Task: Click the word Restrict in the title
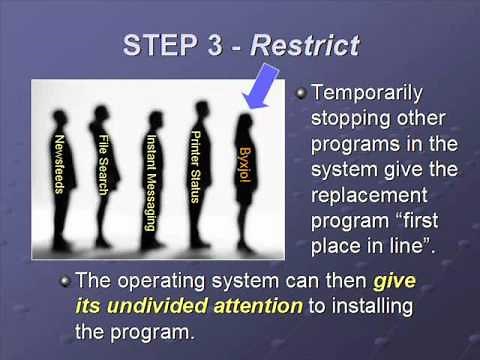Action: [305, 44]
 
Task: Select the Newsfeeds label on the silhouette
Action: [61, 165]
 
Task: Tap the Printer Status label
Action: [196, 165]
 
